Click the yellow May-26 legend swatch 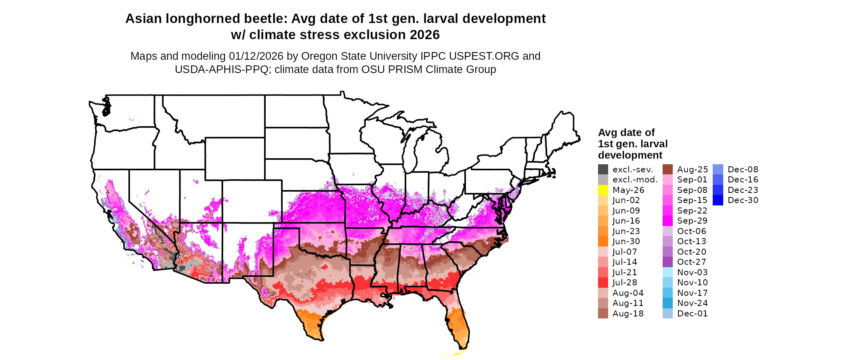tap(603, 190)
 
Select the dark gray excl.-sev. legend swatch tap(603, 170)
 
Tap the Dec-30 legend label tap(743, 200)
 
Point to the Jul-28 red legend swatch tap(603, 283)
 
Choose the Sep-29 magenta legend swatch tap(668, 221)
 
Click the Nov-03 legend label tap(692, 272)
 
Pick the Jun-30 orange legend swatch tap(603, 241)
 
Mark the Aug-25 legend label tap(692, 170)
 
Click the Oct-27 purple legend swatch tap(668, 262)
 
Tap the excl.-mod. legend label tap(635, 180)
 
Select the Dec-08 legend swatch tap(718, 170)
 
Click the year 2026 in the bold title tap(424, 35)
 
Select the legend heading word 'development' tap(630, 155)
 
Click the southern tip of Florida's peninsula tap(461, 348)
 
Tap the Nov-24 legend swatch tap(668, 303)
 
